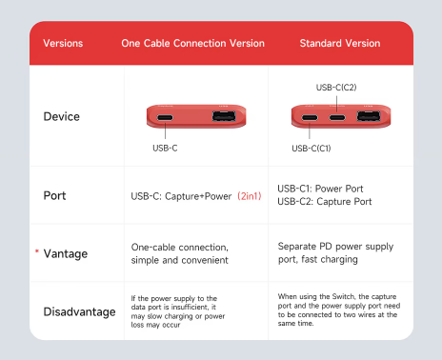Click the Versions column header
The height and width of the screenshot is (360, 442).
click(x=63, y=43)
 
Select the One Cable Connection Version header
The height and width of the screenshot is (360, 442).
click(x=192, y=43)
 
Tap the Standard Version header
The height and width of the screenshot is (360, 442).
click(x=340, y=43)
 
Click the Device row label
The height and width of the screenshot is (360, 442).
click(x=62, y=116)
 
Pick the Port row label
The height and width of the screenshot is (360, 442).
click(x=54, y=195)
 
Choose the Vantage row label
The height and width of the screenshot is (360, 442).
click(x=66, y=253)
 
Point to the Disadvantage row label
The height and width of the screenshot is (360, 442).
click(x=79, y=311)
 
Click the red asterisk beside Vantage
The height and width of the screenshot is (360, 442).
click(x=37, y=251)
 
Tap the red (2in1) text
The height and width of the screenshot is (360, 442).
click(x=250, y=196)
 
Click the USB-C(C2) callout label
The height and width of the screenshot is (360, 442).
click(x=336, y=88)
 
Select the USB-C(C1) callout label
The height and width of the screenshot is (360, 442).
click(x=311, y=149)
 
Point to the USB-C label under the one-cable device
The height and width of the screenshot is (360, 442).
click(x=165, y=148)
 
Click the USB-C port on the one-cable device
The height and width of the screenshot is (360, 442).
click(x=165, y=118)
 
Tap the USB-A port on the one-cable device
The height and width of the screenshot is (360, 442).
click(x=224, y=116)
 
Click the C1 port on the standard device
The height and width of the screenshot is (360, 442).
click(x=310, y=118)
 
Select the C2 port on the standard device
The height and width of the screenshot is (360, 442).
click(x=337, y=118)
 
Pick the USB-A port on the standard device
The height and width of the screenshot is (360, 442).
click(x=369, y=116)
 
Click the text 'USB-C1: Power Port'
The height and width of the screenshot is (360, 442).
click(x=320, y=189)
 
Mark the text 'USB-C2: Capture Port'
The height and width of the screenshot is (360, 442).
click(x=324, y=202)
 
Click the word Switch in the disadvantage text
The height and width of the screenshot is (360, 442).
click(x=343, y=296)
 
